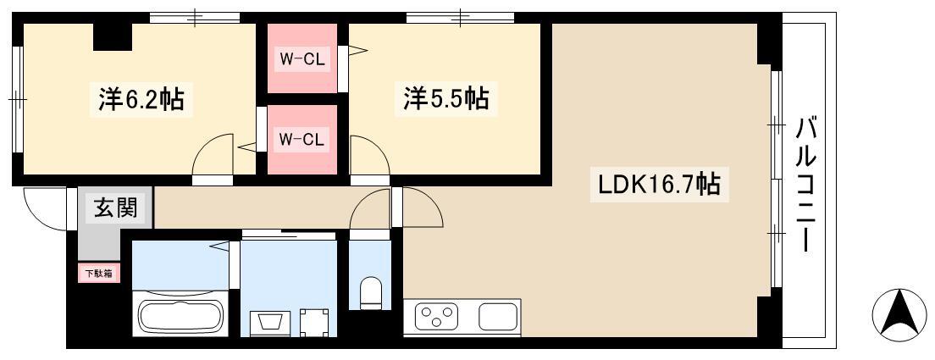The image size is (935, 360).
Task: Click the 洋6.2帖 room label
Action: tap(140, 99)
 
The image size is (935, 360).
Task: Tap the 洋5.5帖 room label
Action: tap(446, 99)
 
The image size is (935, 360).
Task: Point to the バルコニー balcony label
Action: tap(805, 186)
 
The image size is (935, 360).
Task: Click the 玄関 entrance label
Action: tap(116, 208)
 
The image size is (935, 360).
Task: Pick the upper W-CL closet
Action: tap(302, 58)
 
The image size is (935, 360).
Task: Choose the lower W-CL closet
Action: tap(302, 140)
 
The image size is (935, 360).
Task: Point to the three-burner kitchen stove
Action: tap(436, 316)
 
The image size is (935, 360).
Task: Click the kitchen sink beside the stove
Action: tap(498, 317)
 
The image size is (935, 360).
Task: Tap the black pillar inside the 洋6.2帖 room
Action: tap(113, 37)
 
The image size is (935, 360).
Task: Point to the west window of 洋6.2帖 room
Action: tap(17, 98)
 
